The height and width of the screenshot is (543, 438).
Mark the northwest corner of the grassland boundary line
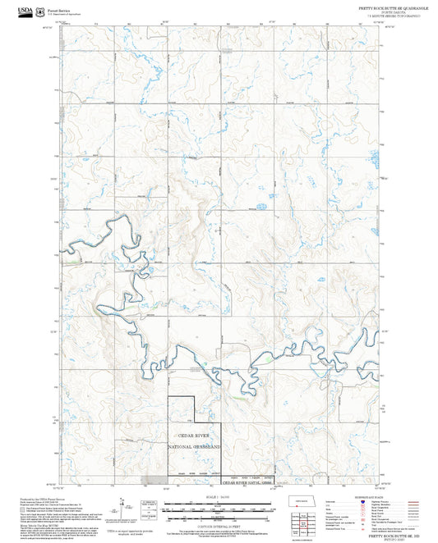[x=169, y=399]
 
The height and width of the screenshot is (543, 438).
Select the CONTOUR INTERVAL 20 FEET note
[x=219, y=524]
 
